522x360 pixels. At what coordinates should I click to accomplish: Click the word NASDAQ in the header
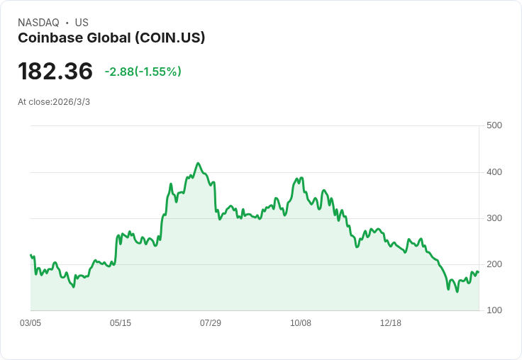tap(38, 23)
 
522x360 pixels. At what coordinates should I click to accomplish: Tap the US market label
tap(82, 23)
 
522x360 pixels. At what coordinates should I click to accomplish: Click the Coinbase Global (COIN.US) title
tap(111, 38)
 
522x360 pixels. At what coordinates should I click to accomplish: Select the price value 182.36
tap(55, 72)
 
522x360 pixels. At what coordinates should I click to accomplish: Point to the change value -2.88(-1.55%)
tap(143, 72)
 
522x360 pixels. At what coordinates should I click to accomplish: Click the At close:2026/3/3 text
tap(54, 102)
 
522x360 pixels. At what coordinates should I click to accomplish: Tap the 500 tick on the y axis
tap(494, 125)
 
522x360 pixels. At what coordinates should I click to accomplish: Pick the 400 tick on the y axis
tap(494, 172)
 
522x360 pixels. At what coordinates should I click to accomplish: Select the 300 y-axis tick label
tap(494, 218)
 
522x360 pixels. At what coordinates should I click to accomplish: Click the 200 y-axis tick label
tap(494, 264)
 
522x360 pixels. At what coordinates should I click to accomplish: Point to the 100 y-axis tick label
tap(494, 310)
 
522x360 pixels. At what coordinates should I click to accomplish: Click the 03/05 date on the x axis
tap(30, 323)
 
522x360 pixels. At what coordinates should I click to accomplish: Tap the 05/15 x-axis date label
tap(121, 323)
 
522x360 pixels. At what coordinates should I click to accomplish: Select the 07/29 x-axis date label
tap(211, 323)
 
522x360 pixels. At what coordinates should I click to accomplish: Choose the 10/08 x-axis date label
tap(301, 323)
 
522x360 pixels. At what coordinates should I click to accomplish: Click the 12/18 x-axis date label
tap(391, 323)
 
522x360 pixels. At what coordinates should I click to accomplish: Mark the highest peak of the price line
tap(198, 163)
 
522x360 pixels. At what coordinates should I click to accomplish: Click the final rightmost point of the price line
tap(479, 272)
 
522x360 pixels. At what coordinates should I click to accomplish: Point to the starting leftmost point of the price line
tap(30, 255)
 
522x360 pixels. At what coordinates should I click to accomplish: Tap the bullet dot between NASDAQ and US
tap(67, 23)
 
